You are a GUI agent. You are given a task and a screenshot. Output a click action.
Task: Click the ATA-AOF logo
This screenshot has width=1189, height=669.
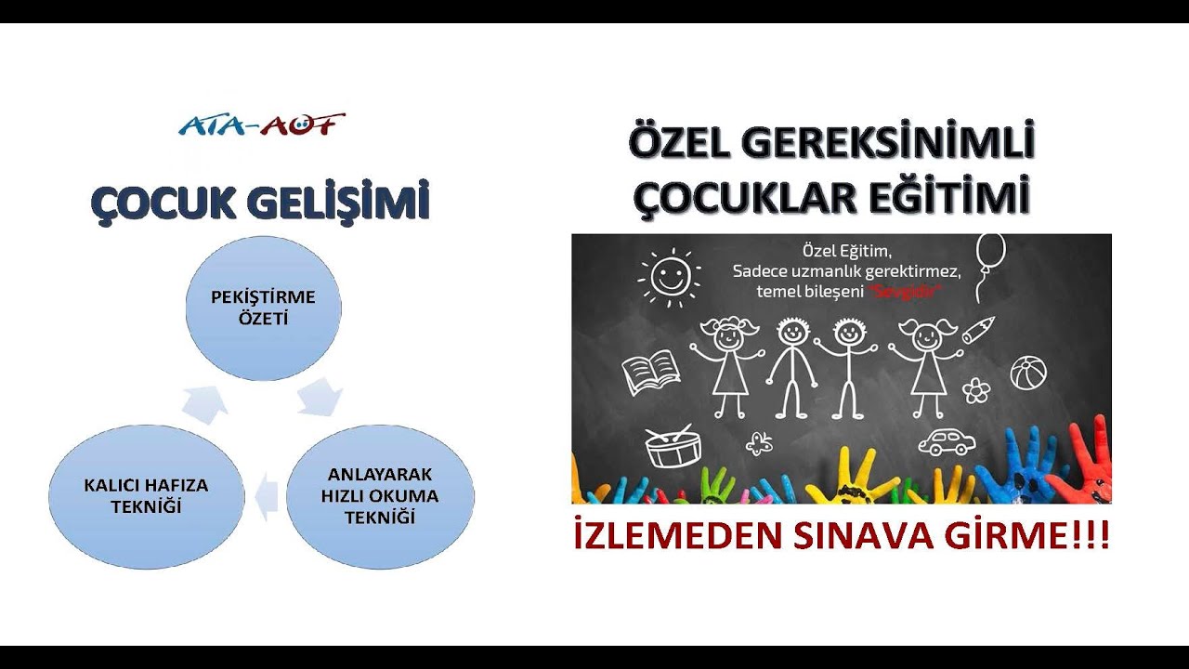(x=262, y=125)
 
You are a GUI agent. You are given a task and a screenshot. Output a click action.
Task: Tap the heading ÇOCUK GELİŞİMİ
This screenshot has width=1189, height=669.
(x=260, y=203)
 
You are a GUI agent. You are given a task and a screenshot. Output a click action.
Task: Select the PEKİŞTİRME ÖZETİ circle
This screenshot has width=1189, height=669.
(x=263, y=308)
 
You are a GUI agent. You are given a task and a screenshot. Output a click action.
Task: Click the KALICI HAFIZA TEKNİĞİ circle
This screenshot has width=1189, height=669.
(x=146, y=496)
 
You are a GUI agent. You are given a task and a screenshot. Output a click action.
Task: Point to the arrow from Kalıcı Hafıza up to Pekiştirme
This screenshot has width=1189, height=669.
(x=205, y=400)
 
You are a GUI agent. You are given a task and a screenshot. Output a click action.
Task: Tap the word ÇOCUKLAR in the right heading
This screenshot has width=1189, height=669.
(x=743, y=199)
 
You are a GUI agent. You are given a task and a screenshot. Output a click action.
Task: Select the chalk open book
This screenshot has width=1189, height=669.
(x=650, y=373)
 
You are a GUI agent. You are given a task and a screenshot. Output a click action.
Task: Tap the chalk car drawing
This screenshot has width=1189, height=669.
(x=947, y=441)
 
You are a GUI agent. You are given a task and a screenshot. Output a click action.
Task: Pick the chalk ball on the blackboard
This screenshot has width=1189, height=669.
(x=1028, y=373)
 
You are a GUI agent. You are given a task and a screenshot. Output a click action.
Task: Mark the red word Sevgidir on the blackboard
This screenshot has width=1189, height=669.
(x=907, y=291)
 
